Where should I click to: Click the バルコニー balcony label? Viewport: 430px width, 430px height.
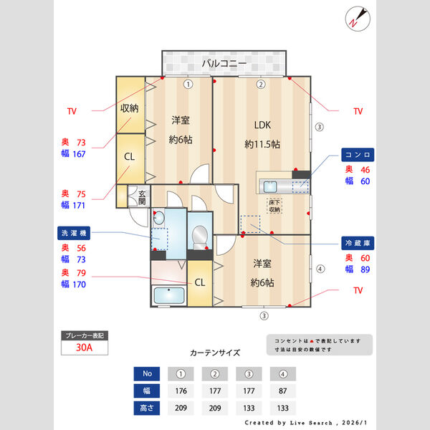click(x=224, y=64)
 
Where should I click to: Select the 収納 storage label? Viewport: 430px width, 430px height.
click(x=130, y=109)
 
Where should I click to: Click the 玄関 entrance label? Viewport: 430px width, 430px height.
click(x=142, y=198)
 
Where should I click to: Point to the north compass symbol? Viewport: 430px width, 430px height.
click(x=356, y=18)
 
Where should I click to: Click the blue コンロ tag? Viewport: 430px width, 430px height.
click(x=356, y=155)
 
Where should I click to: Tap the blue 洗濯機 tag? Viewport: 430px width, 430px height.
click(x=75, y=233)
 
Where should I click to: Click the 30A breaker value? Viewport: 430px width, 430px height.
click(x=85, y=349)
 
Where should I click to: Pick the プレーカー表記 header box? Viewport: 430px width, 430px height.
click(x=85, y=335)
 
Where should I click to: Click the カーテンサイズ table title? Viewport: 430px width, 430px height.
click(x=215, y=353)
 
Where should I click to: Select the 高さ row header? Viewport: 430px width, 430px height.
click(x=148, y=408)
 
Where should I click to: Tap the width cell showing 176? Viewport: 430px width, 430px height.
click(x=181, y=391)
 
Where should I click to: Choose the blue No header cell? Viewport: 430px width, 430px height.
click(x=148, y=373)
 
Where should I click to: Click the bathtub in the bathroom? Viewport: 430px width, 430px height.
click(x=168, y=295)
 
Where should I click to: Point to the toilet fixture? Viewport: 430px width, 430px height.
click(x=200, y=234)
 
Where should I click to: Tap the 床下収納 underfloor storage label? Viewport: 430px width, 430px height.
click(x=275, y=206)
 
